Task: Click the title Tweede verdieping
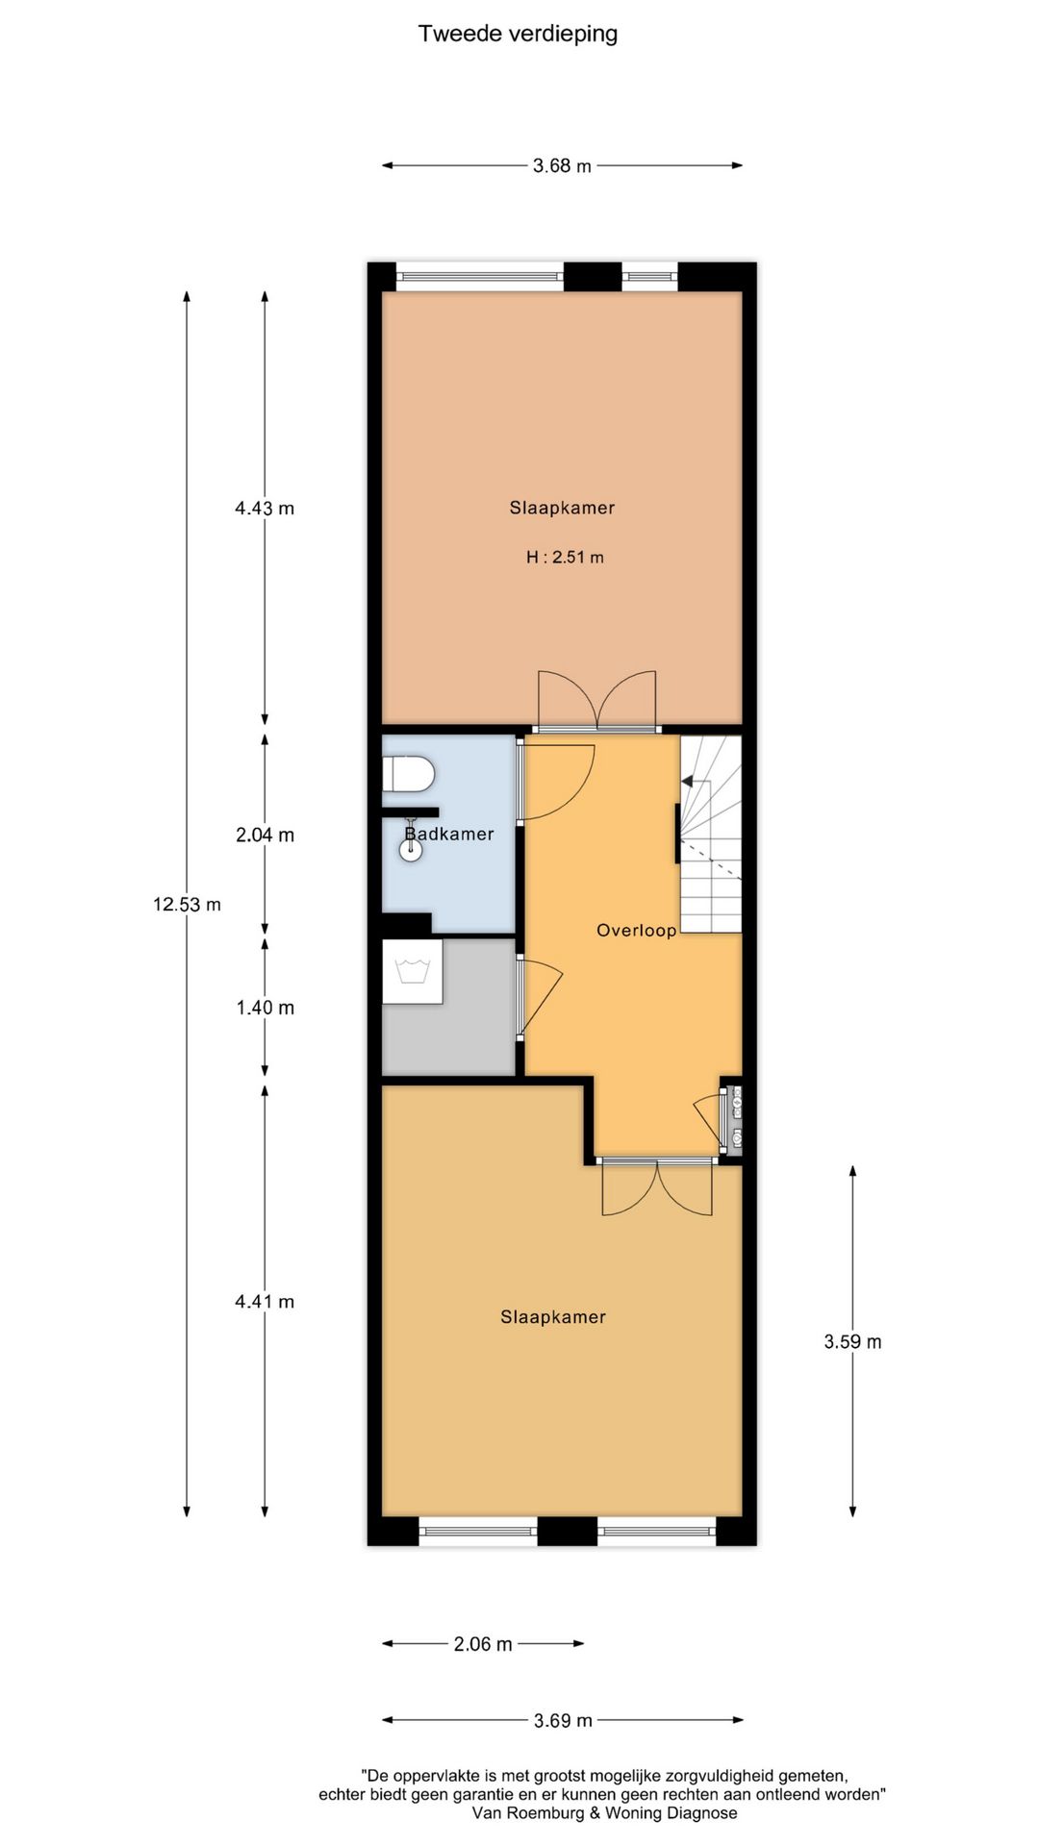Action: (518, 34)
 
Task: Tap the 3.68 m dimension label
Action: (562, 165)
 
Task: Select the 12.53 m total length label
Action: (187, 904)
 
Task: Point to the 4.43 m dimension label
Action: (265, 508)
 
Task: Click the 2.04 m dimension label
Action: (265, 835)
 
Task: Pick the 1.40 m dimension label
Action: (265, 1008)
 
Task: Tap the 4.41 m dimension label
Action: (265, 1301)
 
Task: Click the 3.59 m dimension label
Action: (852, 1341)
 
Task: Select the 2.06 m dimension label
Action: (483, 1644)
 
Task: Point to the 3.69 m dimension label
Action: (563, 1720)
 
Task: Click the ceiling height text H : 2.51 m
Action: (565, 557)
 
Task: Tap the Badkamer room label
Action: (449, 834)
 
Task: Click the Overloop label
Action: (636, 930)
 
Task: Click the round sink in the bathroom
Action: (411, 851)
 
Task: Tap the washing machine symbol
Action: (413, 971)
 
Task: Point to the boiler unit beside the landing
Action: (736, 1117)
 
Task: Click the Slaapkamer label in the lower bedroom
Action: (553, 1317)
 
